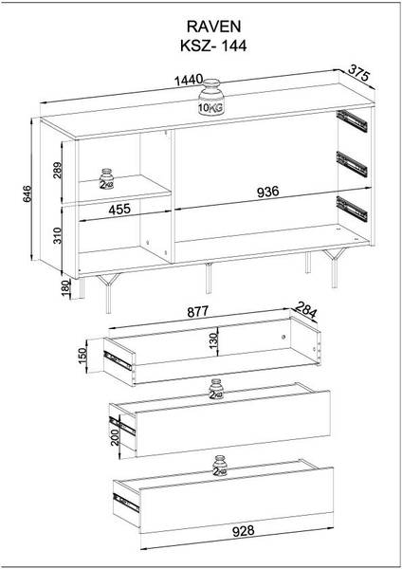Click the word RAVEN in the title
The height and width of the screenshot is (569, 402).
tap(213, 27)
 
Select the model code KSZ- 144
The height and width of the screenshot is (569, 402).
tap(213, 46)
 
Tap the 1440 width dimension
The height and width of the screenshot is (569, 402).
tap(189, 81)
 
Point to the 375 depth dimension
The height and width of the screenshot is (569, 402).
tap(358, 73)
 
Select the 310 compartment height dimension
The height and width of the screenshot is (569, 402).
tap(58, 235)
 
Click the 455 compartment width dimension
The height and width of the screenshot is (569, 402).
tap(119, 209)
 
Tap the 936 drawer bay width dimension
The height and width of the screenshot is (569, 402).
tap(268, 192)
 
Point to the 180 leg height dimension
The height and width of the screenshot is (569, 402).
tap(66, 288)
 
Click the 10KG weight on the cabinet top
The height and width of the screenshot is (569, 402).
tap(211, 98)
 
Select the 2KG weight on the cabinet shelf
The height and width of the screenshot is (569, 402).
tap(107, 179)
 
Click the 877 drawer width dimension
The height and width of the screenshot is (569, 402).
tap(198, 311)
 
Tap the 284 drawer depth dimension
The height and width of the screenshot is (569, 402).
tap(305, 309)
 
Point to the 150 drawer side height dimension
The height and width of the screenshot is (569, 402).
tap(82, 356)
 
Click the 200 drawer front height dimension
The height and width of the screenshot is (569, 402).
tap(115, 437)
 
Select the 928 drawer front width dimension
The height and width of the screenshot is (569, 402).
tap(243, 530)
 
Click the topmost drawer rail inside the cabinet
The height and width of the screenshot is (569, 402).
tap(352, 120)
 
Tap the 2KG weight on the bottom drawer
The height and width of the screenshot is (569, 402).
tap(220, 466)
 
